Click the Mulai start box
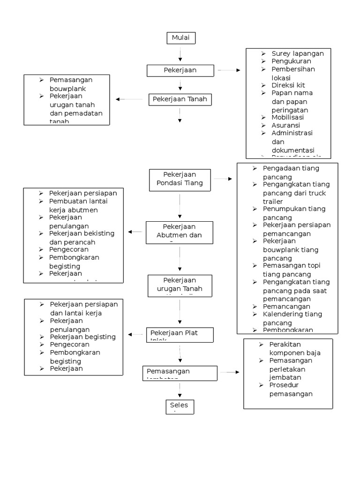[181, 38]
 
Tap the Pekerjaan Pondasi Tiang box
[180, 179]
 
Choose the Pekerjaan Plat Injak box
[180, 335]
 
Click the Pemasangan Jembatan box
[180, 373]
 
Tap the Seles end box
[180, 407]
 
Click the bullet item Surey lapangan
[297, 53]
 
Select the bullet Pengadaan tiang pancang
[291, 172]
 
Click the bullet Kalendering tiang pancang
[292, 318]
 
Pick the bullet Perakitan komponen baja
[295, 349]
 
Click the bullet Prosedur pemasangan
[291, 390]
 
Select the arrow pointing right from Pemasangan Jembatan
[229, 372]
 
